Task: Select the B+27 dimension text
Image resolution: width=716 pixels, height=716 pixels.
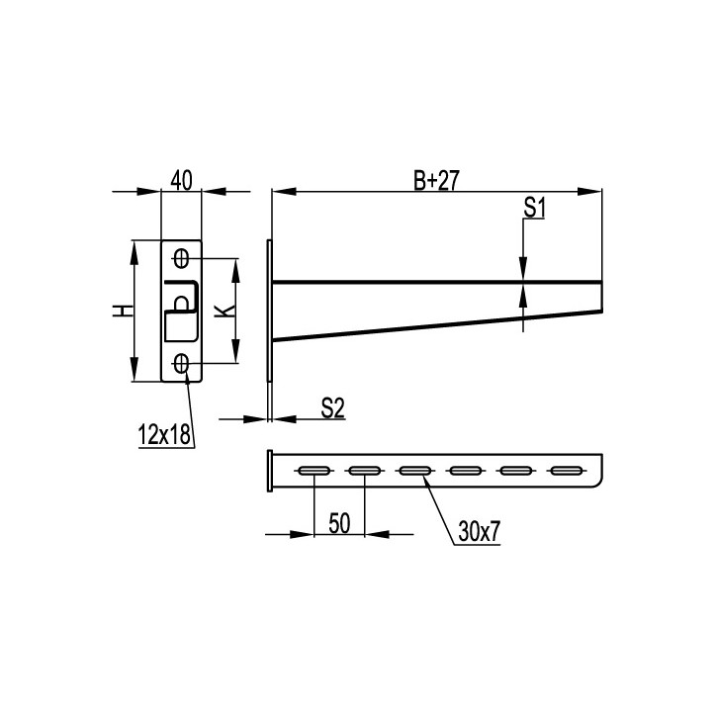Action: pos(435,179)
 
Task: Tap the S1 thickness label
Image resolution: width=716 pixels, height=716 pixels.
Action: pos(535,207)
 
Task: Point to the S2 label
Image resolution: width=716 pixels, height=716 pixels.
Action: pos(332,407)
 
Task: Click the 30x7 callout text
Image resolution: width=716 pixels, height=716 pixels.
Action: pos(480,531)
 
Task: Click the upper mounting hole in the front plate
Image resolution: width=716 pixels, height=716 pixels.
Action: pos(181,259)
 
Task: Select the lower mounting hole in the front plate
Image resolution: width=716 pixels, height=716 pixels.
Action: pos(181,364)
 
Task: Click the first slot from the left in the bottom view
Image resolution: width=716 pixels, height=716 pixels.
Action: pos(314,470)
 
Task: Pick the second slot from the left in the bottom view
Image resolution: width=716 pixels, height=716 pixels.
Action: pos(364,470)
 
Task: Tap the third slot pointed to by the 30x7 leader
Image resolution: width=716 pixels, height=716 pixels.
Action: pos(414,470)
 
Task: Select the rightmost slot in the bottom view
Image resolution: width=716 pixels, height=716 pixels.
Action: pos(565,470)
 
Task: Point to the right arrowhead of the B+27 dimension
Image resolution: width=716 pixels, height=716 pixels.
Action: pos(595,191)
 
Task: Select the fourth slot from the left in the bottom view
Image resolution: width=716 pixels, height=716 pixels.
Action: pos(465,470)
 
